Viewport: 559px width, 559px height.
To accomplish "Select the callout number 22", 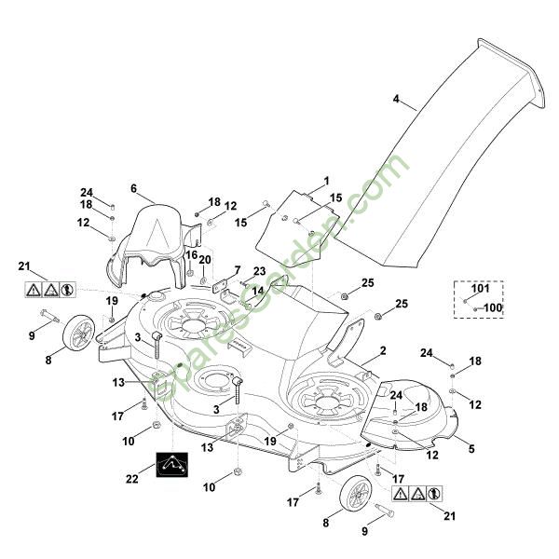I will pos(132,478).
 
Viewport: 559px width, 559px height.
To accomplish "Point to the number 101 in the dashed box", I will pos(480,289).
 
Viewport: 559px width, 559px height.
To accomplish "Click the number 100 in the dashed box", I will pos(493,307).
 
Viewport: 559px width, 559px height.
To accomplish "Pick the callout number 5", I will pos(470,449).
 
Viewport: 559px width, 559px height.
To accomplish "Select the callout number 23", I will pos(259,271).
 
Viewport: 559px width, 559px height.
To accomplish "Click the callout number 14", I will pos(257,290).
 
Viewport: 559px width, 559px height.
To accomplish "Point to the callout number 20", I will pos(205,259).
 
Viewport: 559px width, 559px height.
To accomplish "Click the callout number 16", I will pos(190,254).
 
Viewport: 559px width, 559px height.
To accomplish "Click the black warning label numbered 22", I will pos(171,464).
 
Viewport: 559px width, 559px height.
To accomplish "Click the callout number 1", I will pos(326,179).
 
